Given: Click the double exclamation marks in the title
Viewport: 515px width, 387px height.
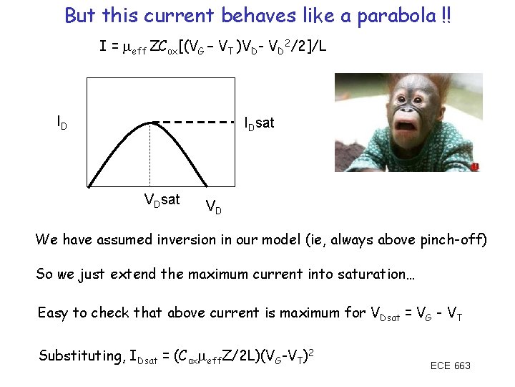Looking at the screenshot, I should (x=446, y=15).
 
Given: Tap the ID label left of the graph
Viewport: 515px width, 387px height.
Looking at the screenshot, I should (x=62, y=123).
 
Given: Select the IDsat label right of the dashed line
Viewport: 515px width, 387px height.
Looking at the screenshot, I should (x=259, y=123).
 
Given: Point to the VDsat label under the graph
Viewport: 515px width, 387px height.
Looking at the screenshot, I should (x=162, y=199).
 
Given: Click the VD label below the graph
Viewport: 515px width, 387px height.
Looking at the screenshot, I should (x=213, y=208).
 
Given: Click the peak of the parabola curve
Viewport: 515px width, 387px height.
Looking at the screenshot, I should (x=151, y=123).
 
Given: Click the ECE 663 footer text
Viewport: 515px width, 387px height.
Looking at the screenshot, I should (x=450, y=366).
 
